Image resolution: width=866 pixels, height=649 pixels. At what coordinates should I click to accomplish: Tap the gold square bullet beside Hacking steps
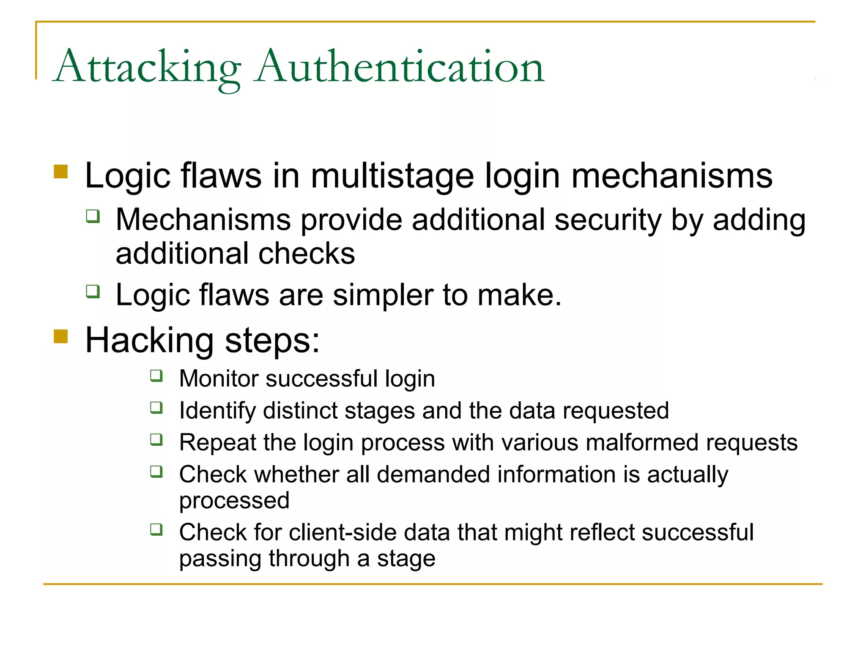(61, 337)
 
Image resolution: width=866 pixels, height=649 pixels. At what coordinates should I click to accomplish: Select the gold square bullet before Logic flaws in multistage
(61, 172)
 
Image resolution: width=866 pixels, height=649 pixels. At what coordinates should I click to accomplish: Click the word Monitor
(218, 379)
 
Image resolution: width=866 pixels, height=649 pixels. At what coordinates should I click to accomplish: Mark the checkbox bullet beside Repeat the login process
(156, 440)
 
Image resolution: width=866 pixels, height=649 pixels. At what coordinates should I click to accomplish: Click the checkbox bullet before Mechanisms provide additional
(93, 216)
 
